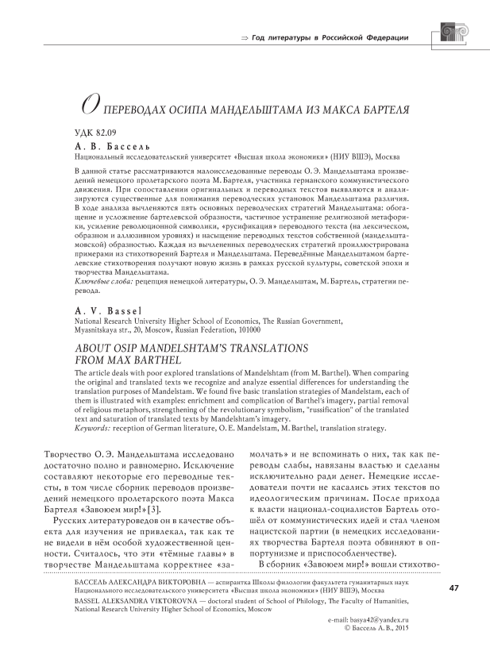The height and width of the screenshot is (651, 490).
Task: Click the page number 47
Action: point(453,588)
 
